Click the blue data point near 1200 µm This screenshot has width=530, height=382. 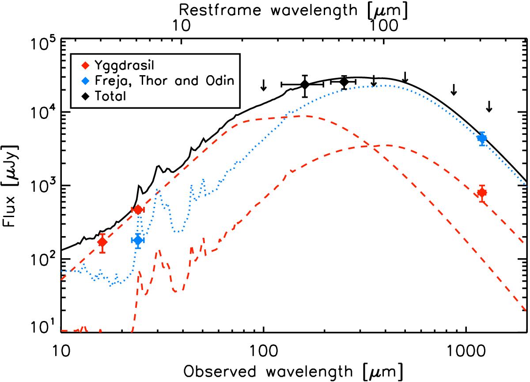(482, 138)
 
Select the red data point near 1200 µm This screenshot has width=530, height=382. (482, 192)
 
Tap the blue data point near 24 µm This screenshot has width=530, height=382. (138, 240)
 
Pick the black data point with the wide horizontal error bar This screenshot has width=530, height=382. (304, 84)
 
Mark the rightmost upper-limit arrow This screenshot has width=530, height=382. (489, 106)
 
